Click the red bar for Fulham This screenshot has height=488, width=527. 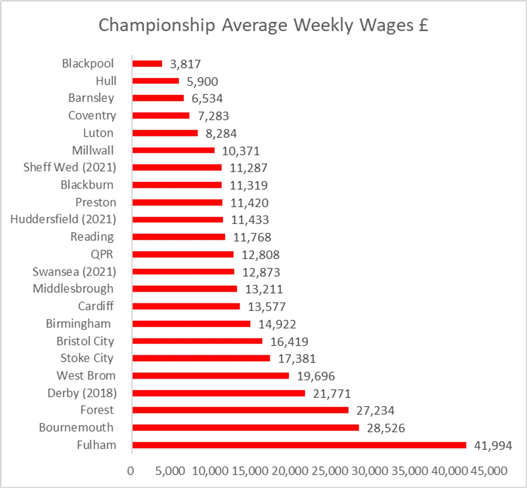(x=299, y=445)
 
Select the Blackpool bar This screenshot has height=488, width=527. (x=147, y=64)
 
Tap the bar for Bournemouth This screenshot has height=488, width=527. (x=245, y=428)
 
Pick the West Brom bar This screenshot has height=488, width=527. (x=210, y=376)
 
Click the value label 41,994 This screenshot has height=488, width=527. (x=493, y=446)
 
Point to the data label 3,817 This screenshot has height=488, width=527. (x=185, y=64)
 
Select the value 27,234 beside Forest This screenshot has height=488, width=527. (x=375, y=411)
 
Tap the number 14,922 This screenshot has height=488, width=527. (x=277, y=324)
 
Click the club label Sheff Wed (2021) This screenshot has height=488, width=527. (x=70, y=167)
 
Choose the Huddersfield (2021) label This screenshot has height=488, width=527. (x=63, y=219)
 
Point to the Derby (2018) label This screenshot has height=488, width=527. (x=82, y=393)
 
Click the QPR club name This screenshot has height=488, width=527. (x=102, y=254)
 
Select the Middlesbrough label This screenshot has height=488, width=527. (x=73, y=289)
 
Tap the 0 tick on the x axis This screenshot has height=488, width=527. (x=131, y=471)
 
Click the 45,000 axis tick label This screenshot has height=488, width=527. (x=489, y=471)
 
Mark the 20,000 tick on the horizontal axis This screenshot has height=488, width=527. (x=290, y=471)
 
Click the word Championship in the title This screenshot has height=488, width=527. (x=157, y=25)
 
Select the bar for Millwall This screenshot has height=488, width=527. (x=173, y=150)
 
